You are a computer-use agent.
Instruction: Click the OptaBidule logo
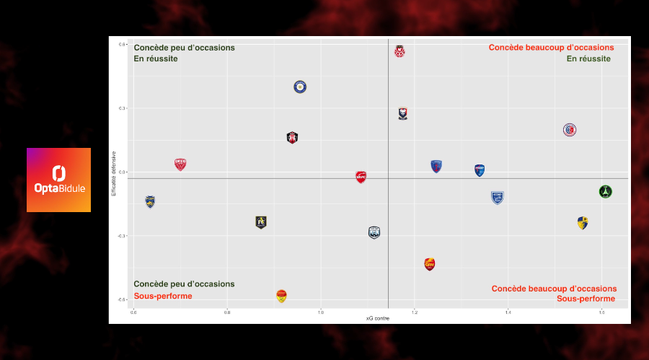tap(58, 180)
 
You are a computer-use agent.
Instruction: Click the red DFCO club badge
tap(180, 164)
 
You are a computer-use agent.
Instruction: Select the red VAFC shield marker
tap(361, 177)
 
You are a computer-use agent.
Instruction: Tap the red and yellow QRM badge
tap(430, 264)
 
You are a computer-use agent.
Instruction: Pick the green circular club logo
tap(605, 191)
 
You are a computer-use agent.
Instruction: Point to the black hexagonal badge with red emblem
tap(292, 138)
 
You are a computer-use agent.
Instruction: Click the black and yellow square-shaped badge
tap(261, 222)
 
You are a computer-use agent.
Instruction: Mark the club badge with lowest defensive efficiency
tap(281, 296)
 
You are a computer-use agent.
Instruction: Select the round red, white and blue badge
tap(570, 130)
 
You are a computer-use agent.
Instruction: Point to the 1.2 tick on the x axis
tap(415, 312)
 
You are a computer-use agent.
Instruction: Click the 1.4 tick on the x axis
tap(508, 312)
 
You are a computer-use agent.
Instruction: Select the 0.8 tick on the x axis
tap(227, 312)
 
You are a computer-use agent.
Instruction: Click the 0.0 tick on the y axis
tap(123, 172)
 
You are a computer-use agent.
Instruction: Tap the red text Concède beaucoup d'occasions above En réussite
tap(551, 48)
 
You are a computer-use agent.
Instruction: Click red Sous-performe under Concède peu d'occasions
tap(163, 296)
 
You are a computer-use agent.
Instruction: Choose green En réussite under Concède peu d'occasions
tap(156, 59)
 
